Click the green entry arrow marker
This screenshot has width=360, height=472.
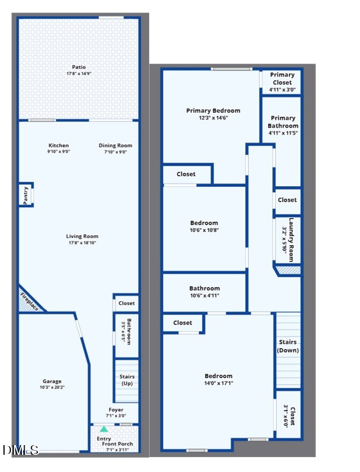pyautogui.click(x=104, y=429)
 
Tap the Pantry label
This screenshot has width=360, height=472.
pyautogui.click(x=26, y=195)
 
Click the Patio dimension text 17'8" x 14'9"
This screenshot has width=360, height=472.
pyautogui.click(x=79, y=73)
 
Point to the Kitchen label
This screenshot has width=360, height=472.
pyautogui.click(x=58, y=145)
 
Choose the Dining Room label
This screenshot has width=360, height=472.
pyautogui.click(x=115, y=145)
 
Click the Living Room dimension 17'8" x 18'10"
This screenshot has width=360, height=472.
pyautogui.click(x=82, y=243)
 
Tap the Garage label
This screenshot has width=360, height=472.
pyautogui.click(x=52, y=381)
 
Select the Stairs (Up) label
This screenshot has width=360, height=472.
pyautogui.click(x=127, y=380)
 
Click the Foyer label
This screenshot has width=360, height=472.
pyautogui.click(x=116, y=410)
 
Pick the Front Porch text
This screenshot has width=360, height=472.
pyautogui.click(x=117, y=444)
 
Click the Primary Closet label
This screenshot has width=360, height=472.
pyautogui.click(x=282, y=78)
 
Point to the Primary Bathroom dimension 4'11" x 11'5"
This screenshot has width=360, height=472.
pyautogui.click(x=283, y=133)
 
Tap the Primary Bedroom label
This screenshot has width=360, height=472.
pyautogui.click(x=213, y=111)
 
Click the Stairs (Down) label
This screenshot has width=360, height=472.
pyautogui.click(x=288, y=346)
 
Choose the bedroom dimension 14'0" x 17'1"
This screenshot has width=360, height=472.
pyautogui.click(x=219, y=383)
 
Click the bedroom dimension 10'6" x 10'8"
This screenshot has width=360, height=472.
pyautogui.click(x=204, y=230)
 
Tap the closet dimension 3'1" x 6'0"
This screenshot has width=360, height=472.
pyautogui.click(x=286, y=416)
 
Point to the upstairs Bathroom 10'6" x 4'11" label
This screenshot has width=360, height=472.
pyautogui.click(x=205, y=292)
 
